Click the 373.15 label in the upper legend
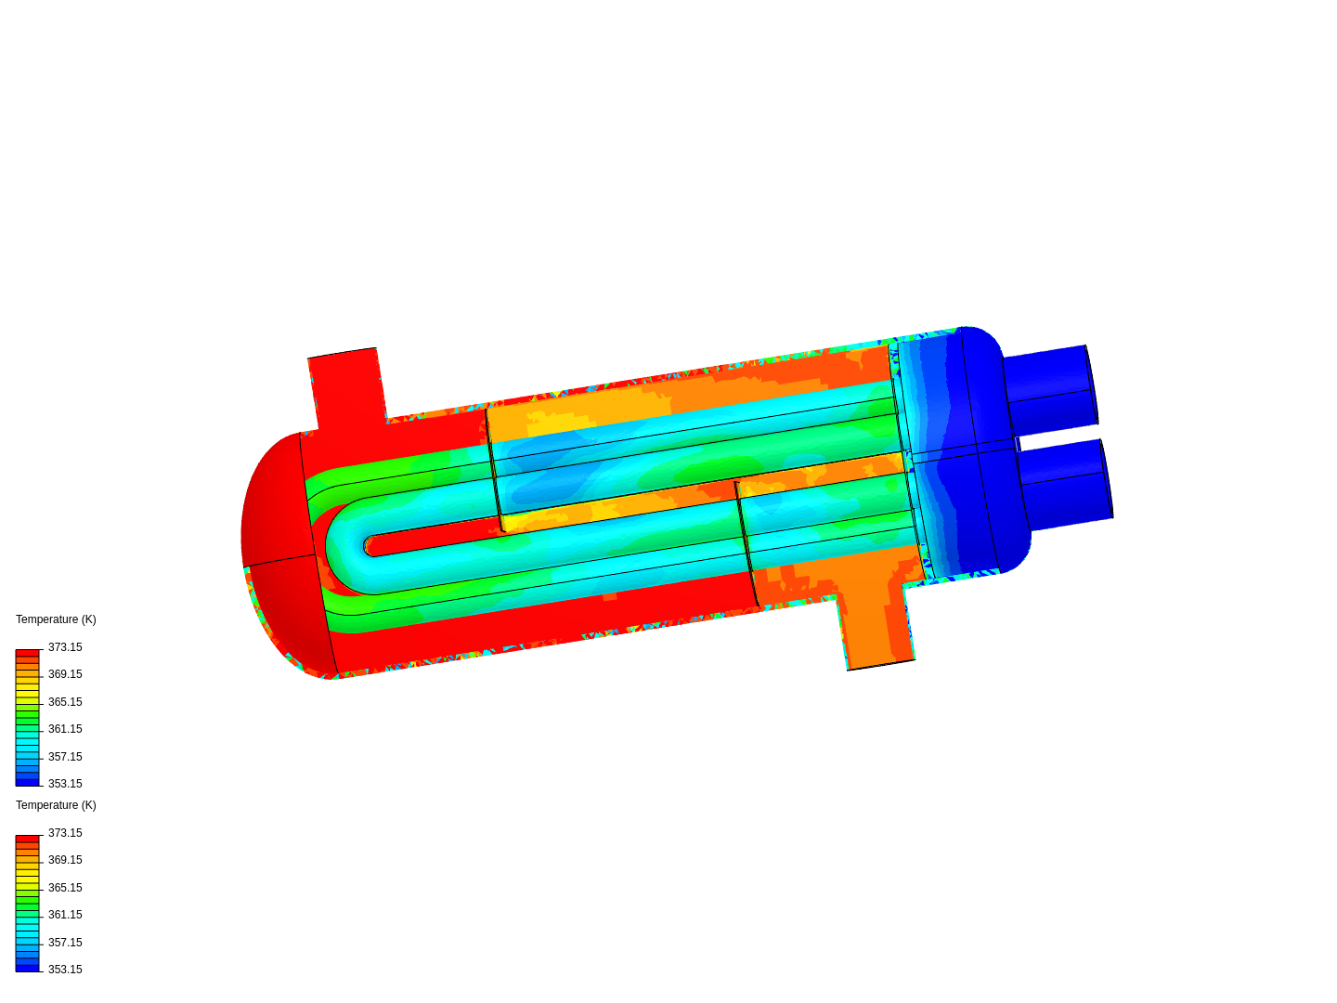[65, 647]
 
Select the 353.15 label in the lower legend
[65, 970]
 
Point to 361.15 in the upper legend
[65, 729]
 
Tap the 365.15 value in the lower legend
[65, 888]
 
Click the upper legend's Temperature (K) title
[56, 619]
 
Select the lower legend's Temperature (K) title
[56, 805]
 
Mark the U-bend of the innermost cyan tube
[339, 548]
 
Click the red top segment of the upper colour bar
[28, 654]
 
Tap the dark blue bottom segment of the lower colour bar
[28, 968]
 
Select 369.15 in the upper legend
[65, 674]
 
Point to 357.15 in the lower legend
[65, 943]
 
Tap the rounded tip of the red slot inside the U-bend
[370, 545]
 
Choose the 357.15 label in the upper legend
[65, 757]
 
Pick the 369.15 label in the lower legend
[65, 860]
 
